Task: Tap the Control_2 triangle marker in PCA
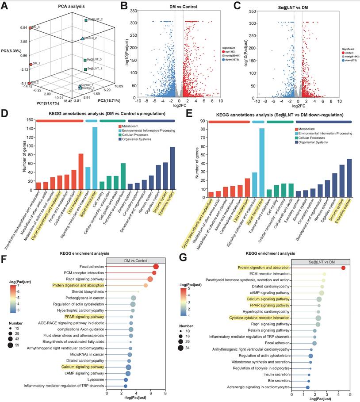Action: click(x=82, y=38)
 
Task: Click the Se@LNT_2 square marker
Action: click(x=86, y=20)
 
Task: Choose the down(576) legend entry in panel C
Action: click(x=349, y=61)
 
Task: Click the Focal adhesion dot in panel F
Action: click(x=156, y=267)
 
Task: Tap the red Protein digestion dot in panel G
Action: click(x=343, y=268)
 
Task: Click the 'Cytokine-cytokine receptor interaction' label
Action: click(x=260, y=318)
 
